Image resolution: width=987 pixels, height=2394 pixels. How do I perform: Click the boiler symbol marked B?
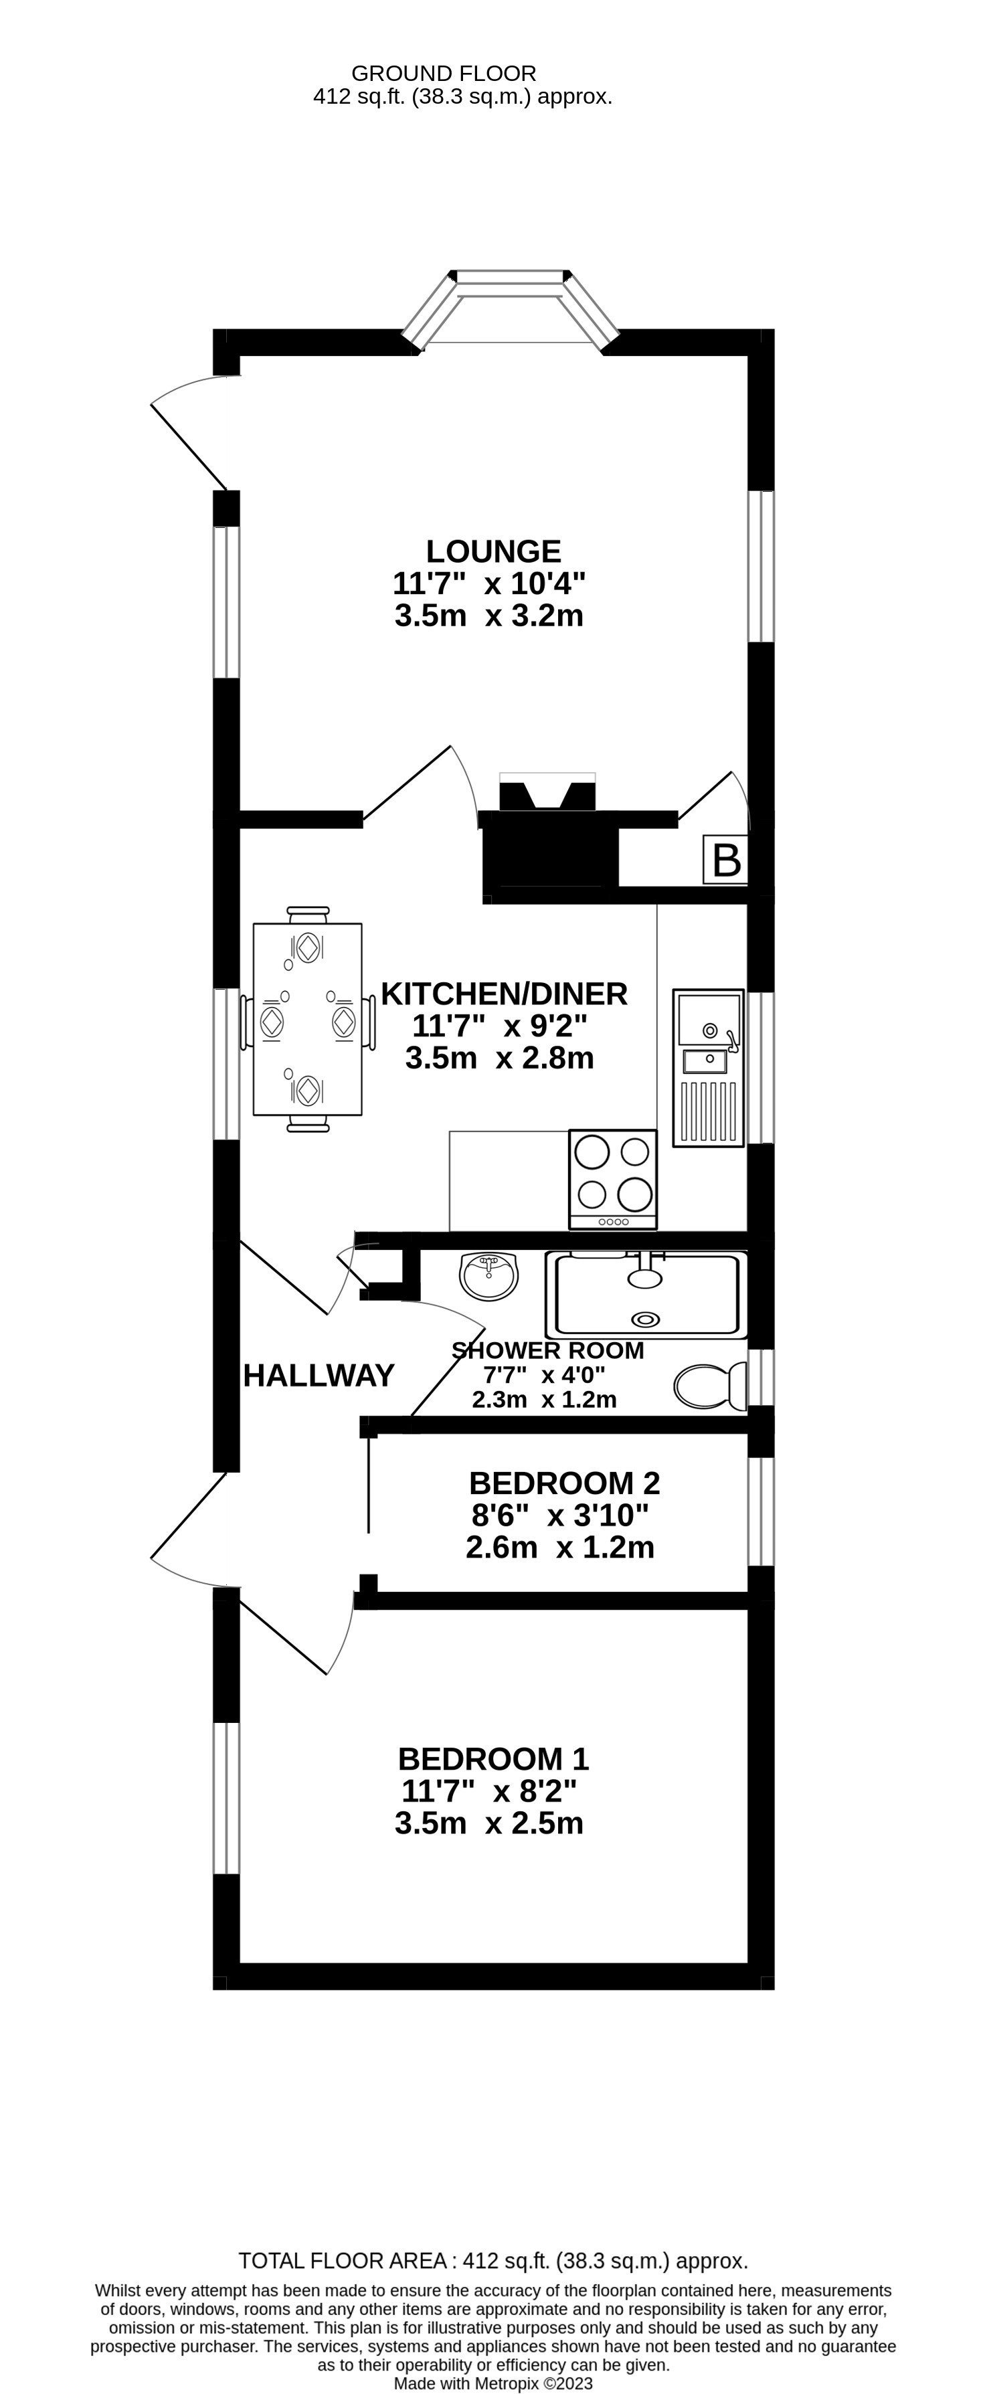(x=726, y=860)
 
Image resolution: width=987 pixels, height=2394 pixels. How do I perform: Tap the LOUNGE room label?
(x=494, y=551)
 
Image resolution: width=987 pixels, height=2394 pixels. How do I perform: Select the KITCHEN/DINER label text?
(x=504, y=994)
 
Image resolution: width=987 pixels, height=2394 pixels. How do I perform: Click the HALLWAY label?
(x=319, y=1376)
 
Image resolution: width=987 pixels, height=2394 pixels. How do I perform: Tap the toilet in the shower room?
(x=711, y=1386)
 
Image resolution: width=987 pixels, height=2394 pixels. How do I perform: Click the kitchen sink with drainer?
(x=708, y=1067)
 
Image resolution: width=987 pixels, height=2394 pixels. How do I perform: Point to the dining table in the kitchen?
(x=308, y=1018)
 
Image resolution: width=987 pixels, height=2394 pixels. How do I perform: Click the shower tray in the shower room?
(x=647, y=1295)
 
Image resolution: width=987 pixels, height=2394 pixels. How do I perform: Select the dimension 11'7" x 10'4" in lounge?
(x=489, y=583)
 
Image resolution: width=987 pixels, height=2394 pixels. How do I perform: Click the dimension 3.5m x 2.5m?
(x=489, y=1823)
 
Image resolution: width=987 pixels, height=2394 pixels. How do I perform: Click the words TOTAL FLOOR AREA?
(x=343, y=2260)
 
